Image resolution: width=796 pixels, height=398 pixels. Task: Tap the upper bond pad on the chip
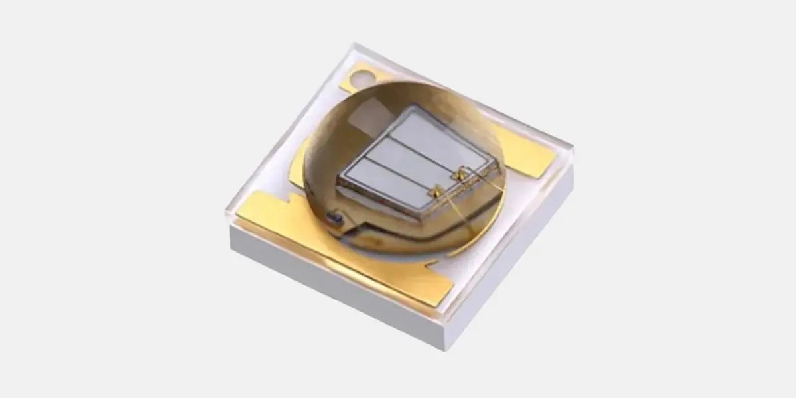coord(457,176)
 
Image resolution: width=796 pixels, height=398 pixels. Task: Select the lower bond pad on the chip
coord(434,192)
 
